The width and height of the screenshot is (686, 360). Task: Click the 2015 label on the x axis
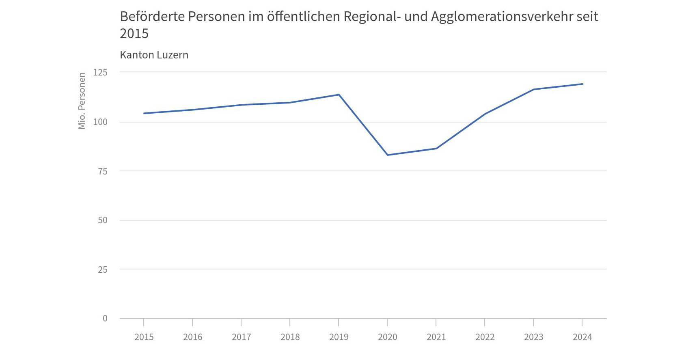[144, 337]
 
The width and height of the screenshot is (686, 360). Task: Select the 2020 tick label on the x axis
[388, 337]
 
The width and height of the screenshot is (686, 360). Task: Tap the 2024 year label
[582, 337]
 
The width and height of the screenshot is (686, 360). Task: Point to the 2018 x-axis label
[290, 337]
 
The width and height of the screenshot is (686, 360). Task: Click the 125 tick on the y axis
[100, 72]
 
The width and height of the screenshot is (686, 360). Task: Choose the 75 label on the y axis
[103, 171]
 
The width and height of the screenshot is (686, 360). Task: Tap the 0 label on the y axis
[105, 319]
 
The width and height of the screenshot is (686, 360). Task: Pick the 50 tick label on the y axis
[103, 220]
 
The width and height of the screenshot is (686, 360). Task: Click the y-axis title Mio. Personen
[82, 101]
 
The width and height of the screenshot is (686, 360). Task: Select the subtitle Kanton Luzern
[154, 55]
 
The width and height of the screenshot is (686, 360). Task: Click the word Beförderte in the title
[152, 17]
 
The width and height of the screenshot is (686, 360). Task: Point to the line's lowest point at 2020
[388, 155]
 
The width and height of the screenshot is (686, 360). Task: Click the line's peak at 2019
[339, 95]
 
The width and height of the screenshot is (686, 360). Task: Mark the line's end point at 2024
[582, 84]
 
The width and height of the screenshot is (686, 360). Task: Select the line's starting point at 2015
[144, 113]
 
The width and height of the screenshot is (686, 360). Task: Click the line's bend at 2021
[436, 149]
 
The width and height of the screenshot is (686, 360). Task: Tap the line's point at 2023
[533, 89]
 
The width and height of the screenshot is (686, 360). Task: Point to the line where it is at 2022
[485, 114]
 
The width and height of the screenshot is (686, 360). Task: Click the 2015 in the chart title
[134, 34]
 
